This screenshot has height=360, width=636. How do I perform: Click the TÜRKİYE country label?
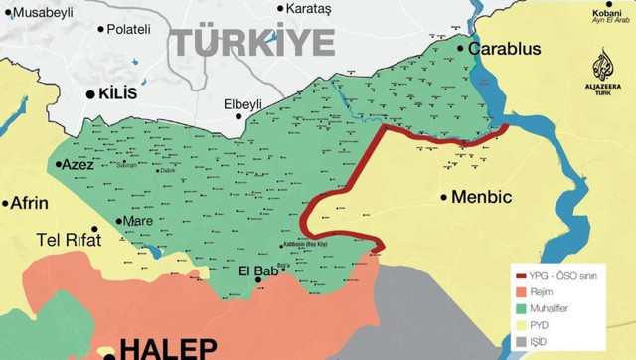tap(249, 43)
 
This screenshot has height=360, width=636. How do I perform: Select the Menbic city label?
tap(481, 197)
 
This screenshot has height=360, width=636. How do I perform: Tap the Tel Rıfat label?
tap(71, 239)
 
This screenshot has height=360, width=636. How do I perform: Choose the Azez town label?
tap(79, 165)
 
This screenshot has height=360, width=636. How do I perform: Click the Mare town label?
tap(137, 221)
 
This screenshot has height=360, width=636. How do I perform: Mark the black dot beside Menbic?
tap(444, 197)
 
